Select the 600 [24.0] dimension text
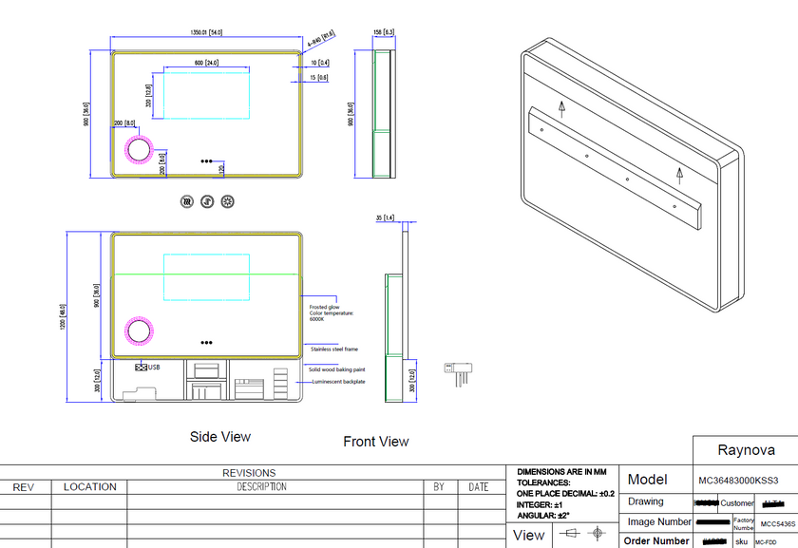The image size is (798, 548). click(x=207, y=63)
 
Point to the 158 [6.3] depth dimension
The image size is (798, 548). click(x=383, y=32)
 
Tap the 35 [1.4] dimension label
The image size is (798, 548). click(x=385, y=217)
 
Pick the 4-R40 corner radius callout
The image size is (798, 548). click(x=321, y=39)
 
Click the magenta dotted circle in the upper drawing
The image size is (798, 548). click(x=139, y=149)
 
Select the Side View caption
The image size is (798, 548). click(x=220, y=437)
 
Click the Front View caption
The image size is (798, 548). click(x=376, y=442)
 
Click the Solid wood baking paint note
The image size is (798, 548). click(x=336, y=368)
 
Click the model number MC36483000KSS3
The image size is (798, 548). click(x=737, y=481)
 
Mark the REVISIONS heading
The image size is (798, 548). click(x=249, y=472)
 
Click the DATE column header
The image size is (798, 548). click(x=479, y=487)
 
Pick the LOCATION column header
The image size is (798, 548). click(x=89, y=487)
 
